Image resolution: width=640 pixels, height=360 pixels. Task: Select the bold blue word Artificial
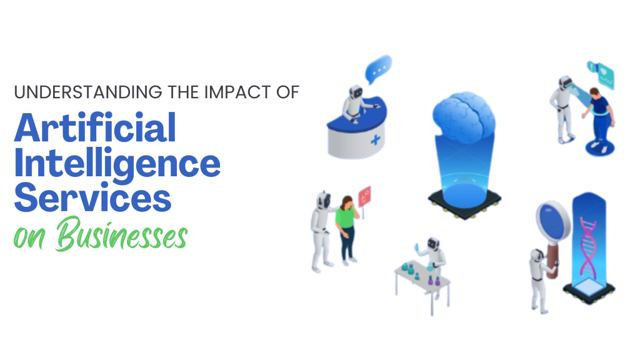[95, 129]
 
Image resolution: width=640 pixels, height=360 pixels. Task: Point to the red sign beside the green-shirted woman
[365, 194]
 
